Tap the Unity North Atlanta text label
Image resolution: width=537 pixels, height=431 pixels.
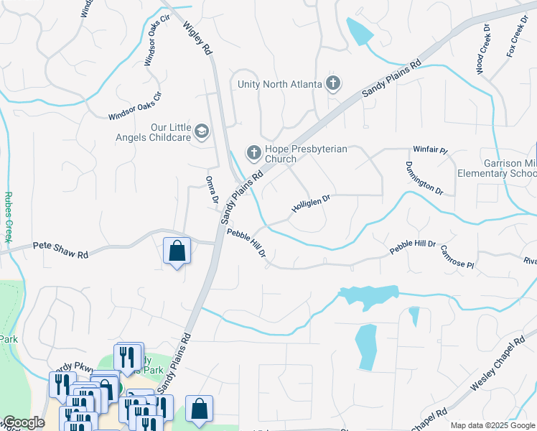pos(280,84)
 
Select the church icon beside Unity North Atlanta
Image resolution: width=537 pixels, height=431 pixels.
pos(332,84)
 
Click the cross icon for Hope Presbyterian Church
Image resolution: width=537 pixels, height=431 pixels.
pos(253,152)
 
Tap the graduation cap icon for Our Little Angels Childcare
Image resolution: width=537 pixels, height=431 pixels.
pos(202,131)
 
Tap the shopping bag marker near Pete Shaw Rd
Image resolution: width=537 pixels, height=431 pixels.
pos(177,251)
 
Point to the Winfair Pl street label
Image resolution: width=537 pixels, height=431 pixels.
pos(430,151)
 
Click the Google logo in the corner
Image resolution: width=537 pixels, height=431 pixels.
pos(23,422)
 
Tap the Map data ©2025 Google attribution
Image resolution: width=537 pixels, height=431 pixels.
pos(492,425)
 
